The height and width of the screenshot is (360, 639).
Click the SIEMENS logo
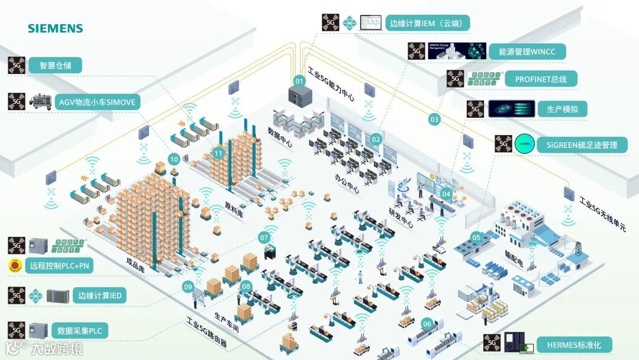[55, 28]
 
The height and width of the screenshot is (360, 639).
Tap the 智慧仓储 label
[55, 66]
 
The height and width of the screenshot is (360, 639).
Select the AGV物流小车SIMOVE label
[97, 102]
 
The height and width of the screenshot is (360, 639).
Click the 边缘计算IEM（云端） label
[428, 24]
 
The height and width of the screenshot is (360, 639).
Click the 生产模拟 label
[567, 109]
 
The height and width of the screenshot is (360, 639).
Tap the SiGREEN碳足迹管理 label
[582, 144]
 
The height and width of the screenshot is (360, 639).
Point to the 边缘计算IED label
[102, 295]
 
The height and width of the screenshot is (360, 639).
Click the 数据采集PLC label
[82, 331]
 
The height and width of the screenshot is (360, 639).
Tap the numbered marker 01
[299, 81]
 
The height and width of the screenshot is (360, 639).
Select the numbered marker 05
[476, 237]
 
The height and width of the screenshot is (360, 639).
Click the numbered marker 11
[218, 153]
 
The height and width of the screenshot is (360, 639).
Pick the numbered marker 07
[264, 237]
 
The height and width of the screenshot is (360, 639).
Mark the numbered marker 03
[435, 120]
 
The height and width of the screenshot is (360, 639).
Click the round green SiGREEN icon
[524, 144]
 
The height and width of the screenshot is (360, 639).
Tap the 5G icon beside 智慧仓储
[17, 66]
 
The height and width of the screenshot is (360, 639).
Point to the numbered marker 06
[427, 324]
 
